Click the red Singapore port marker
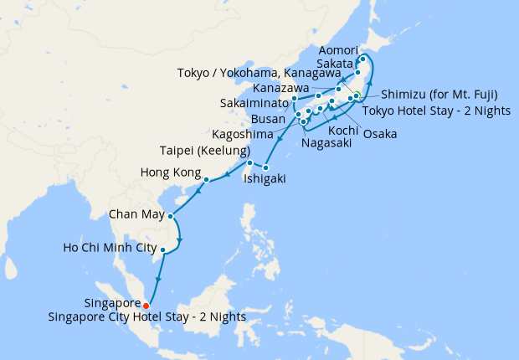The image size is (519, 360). coord(147,305)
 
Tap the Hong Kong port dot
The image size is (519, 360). coord(206,178)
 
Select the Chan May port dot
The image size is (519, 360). coord(171,216)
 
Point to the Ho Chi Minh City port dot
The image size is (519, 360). coord(163,249)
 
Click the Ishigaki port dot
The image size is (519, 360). coord(265,168)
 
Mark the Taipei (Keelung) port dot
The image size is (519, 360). coord(249,162)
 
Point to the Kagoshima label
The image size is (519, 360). coord(241,134)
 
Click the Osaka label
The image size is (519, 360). coord(380,133)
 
